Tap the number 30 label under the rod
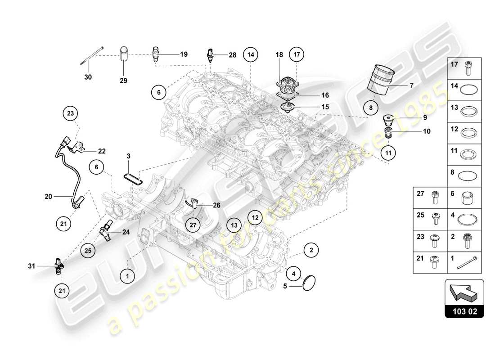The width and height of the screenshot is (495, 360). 88,77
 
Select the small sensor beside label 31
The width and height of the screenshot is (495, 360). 58,265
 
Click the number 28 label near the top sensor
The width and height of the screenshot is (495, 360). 232,55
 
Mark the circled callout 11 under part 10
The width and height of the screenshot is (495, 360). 389,152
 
